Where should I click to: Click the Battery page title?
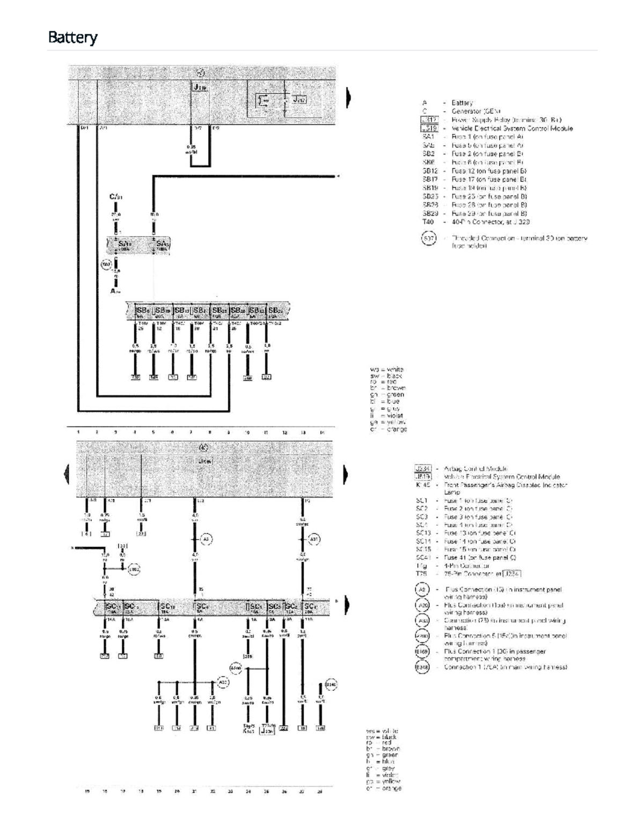tap(72, 38)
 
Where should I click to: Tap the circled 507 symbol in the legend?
tap(428, 238)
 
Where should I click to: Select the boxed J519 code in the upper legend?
tap(429, 128)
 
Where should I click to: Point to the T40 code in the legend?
tap(428, 222)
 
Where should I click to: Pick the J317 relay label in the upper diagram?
tap(298, 99)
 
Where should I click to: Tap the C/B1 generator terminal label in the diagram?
tap(116, 197)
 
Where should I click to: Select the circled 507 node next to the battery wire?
tap(106, 264)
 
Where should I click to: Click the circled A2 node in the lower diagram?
tap(207, 539)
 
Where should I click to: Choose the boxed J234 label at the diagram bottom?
tap(267, 730)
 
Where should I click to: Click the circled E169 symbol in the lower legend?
tap(422, 652)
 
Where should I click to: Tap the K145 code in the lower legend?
tap(423, 484)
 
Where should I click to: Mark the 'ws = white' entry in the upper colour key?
tap(387, 370)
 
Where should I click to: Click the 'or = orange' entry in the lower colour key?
tap(383, 788)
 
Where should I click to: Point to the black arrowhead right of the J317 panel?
tap(349, 98)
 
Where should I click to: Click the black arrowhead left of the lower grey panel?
tap(67, 472)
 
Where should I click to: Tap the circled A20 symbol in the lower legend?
tap(422, 605)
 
